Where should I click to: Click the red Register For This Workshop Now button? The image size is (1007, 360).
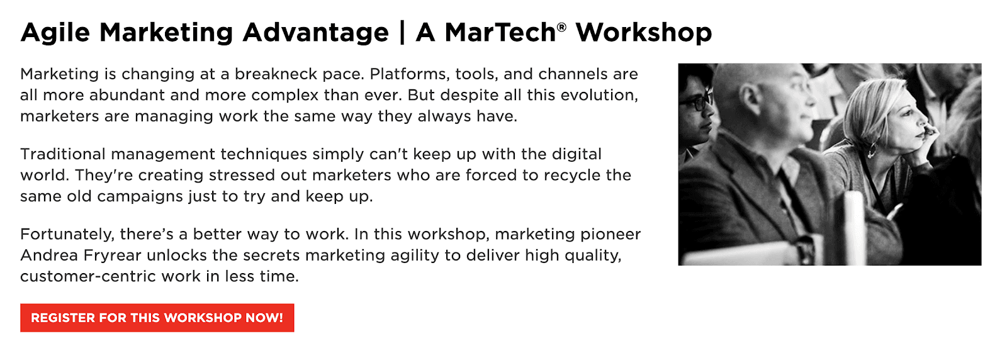point(157,318)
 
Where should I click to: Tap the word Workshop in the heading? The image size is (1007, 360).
point(644,33)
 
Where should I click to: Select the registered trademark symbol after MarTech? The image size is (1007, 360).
point(561,27)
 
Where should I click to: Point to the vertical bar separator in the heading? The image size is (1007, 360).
point(402,32)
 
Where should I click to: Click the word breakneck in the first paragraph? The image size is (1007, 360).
point(276,74)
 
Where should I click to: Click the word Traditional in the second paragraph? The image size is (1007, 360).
point(63,154)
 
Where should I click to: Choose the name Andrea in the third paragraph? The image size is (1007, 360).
point(49,256)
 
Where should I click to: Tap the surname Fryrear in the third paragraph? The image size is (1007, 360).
point(113,256)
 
